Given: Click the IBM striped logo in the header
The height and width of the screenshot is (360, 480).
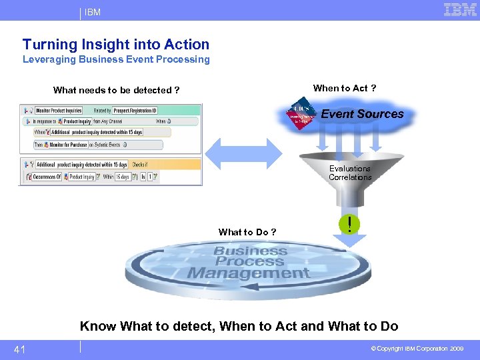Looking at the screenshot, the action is (460, 10).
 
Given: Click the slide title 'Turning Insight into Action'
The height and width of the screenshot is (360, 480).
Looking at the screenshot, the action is (116, 45).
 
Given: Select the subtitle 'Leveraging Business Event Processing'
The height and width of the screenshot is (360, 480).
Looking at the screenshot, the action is (116, 59).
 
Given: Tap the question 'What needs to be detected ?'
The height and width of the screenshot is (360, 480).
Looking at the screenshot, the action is (116, 90).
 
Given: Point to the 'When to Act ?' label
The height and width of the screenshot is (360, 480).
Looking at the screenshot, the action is (344, 88).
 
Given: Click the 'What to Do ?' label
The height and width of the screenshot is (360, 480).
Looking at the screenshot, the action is (247, 232).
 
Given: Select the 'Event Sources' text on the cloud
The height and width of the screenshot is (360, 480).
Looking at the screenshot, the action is (362, 114).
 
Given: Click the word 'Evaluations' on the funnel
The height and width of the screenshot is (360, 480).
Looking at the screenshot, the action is (349, 169).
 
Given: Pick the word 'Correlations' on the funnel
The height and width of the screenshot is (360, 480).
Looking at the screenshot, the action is (350, 177).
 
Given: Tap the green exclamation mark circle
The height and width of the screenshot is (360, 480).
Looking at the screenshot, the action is (349, 224).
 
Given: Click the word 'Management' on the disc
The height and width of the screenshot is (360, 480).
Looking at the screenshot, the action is (248, 273).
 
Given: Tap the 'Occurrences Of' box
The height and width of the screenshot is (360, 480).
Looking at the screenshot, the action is (45, 177).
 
